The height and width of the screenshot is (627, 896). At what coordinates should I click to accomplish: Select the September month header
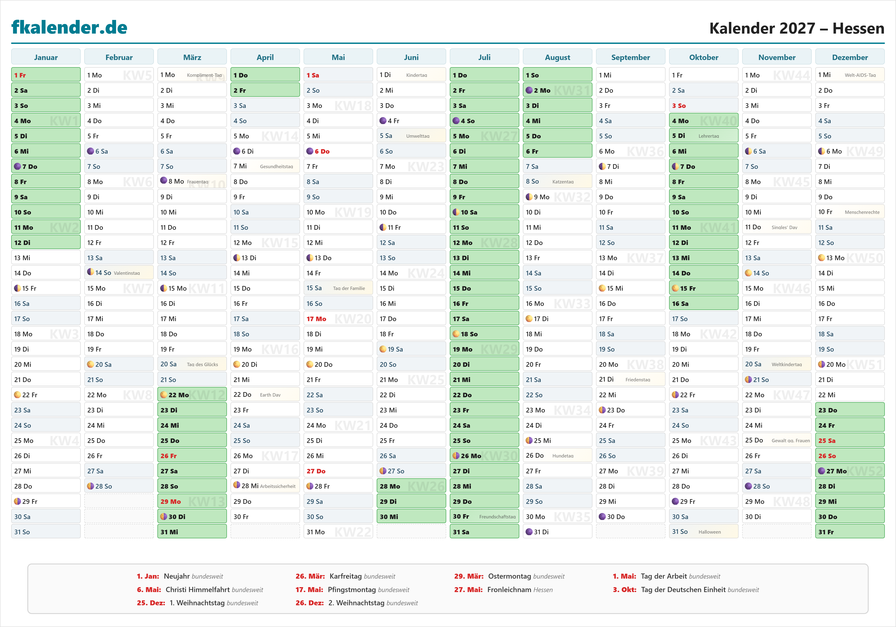(x=630, y=57)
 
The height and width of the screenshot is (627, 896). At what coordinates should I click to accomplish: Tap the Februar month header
(x=119, y=57)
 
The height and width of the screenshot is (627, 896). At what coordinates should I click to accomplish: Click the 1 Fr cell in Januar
(x=46, y=75)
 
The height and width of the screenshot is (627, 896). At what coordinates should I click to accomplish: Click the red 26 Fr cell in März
(x=192, y=456)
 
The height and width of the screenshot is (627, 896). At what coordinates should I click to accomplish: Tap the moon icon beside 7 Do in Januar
(x=17, y=166)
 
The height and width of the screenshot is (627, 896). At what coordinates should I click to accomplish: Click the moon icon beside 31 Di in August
(x=529, y=532)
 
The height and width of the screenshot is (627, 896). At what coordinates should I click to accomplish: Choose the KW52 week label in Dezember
(x=865, y=471)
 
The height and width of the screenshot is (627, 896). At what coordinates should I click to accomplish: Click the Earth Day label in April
(x=270, y=395)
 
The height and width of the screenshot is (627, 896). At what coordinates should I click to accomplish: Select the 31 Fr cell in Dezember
(x=850, y=532)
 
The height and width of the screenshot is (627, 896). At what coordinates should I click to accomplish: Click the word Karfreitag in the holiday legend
(x=345, y=576)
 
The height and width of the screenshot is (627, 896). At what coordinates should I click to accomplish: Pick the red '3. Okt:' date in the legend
(x=624, y=590)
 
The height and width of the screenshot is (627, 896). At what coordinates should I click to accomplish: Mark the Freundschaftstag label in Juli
(x=497, y=517)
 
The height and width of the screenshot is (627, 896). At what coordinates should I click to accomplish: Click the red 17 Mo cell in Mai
(x=338, y=319)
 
